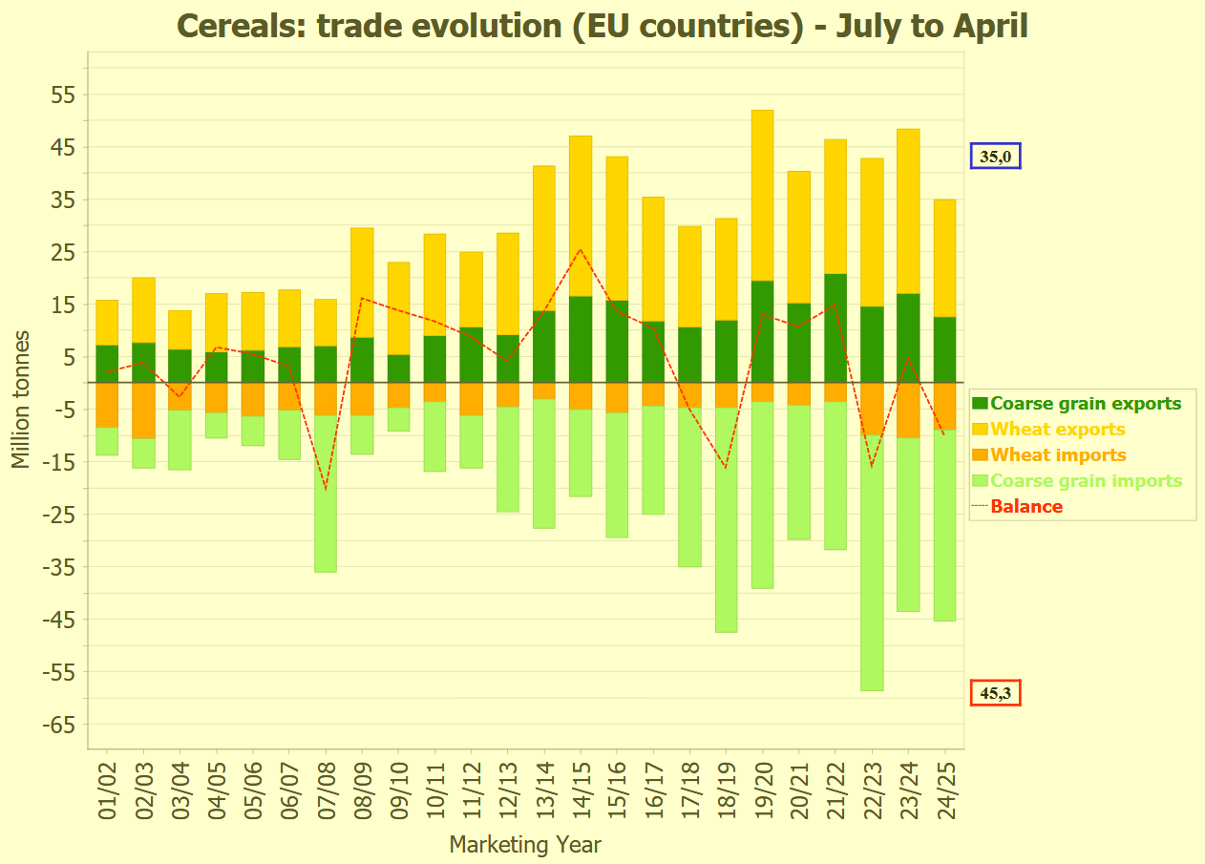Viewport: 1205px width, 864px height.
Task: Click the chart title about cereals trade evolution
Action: pyautogui.click(x=602, y=26)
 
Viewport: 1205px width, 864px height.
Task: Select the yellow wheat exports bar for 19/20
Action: pyautogui.click(x=762, y=195)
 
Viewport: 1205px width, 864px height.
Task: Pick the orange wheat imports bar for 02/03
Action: pyautogui.click(x=143, y=411)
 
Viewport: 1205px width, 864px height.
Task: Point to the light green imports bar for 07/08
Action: pyautogui.click(x=326, y=494)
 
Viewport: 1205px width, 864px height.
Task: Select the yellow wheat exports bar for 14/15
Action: pyautogui.click(x=580, y=216)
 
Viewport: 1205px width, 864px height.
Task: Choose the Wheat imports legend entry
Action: pyautogui.click(x=1058, y=455)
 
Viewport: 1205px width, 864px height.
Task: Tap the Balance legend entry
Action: pyautogui.click(x=1026, y=507)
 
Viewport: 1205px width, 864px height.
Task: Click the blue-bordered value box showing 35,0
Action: pyautogui.click(x=996, y=157)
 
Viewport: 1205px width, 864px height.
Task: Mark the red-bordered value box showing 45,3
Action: pyautogui.click(x=996, y=693)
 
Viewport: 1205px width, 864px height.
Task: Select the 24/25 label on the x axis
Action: pyautogui.click(x=944, y=792)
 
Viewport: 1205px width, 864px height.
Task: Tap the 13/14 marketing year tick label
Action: pyautogui.click(x=544, y=792)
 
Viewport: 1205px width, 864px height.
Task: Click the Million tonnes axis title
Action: pyautogui.click(x=21, y=400)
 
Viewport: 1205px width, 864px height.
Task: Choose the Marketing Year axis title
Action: pyautogui.click(x=525, y=845)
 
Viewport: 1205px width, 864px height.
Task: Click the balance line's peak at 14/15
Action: pyautogui.click(x=580, y=249)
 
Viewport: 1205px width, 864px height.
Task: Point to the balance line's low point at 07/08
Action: pyautogui.click(x=326, y=489)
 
